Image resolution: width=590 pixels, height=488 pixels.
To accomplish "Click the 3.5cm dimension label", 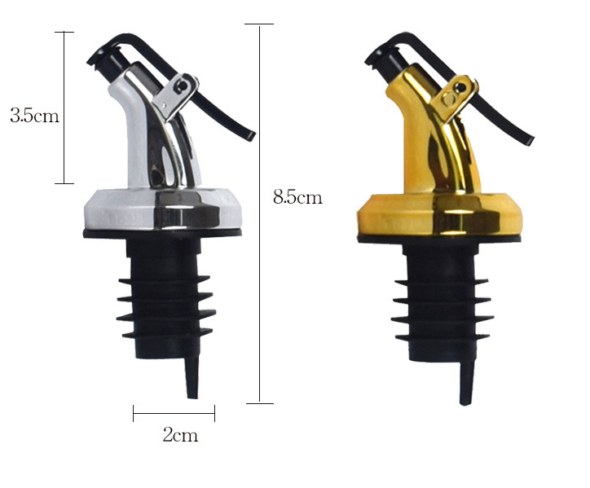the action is tap(34, 116).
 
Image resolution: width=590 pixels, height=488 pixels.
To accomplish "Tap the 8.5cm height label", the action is tap(297, 197).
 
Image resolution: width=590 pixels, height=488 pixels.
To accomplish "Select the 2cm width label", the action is tap(180, 435).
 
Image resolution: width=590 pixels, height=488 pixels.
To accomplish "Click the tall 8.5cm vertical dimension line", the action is tap(259, 213).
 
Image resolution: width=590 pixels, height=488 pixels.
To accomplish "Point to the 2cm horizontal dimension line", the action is tap(174, 413).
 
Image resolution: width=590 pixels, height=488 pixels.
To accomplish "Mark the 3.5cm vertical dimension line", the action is tap(64, 108).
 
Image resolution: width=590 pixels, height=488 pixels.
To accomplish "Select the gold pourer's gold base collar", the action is tap(438, 215).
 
